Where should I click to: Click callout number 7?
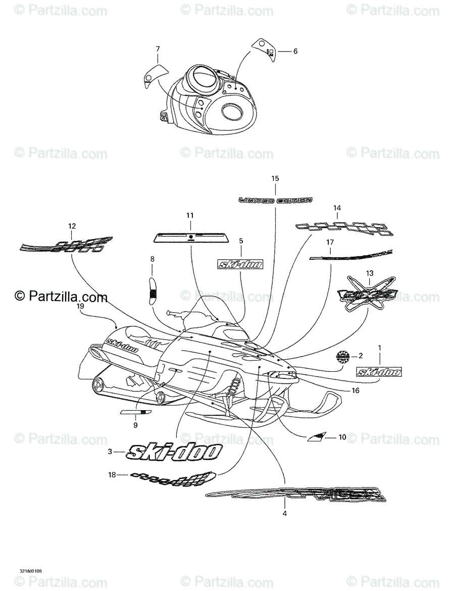158,49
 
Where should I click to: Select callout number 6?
295,51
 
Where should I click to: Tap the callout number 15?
275,178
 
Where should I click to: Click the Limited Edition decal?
276,200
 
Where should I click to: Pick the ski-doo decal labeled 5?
240,264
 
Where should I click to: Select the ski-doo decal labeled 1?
379,372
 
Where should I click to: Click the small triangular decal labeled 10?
316,436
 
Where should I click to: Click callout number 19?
81,306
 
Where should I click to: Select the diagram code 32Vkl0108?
31,571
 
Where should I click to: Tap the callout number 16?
356,390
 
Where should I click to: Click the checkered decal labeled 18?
172,476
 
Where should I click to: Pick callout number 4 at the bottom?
284,513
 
